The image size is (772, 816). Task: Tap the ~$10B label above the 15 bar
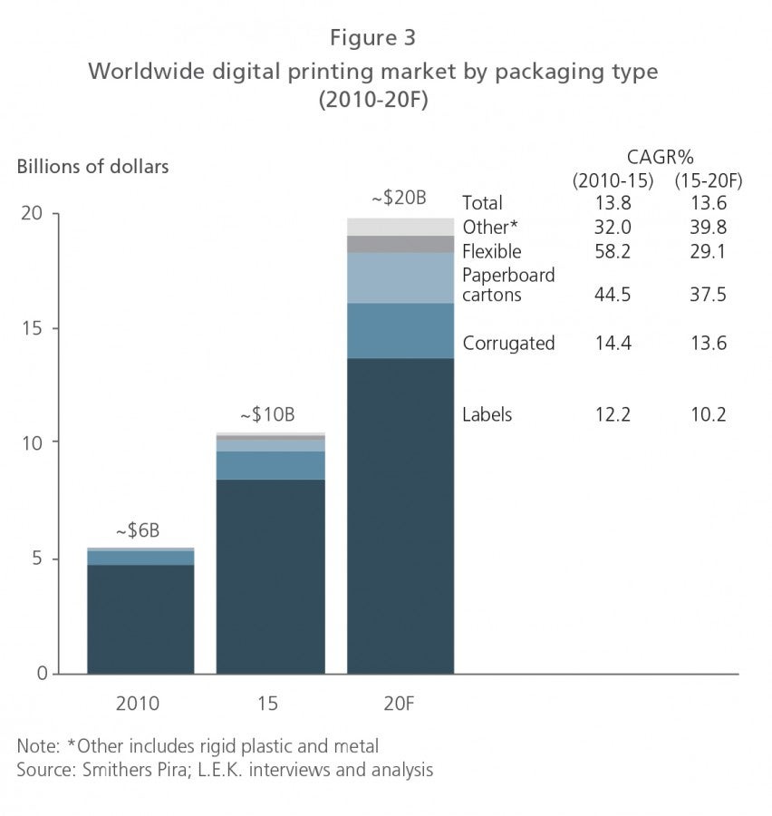click(x=267, y=415)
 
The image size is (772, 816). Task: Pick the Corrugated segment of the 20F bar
click(x=400, y=330)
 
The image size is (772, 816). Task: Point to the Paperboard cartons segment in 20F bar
click(x=400, y=277)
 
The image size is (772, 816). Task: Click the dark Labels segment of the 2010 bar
click(x=140, y=618)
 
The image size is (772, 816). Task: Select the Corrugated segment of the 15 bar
click(x=270, y=465)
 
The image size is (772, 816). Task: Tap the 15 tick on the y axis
click(x=35, y=328)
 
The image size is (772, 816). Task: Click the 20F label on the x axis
click(x=400, y=703)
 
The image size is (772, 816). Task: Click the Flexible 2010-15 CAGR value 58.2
click(x=613, y=251)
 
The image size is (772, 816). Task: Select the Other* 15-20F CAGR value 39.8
click(x=708, y=227)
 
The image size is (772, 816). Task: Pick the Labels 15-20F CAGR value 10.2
click(x=708, y=414)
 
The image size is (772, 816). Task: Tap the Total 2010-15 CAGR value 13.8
click(x=613, y=202)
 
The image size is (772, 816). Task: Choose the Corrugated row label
click(x=508, y=344)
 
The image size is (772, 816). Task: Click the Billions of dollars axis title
click(x=92, y=167)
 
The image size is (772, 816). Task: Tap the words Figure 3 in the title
click(x=372, y=38)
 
